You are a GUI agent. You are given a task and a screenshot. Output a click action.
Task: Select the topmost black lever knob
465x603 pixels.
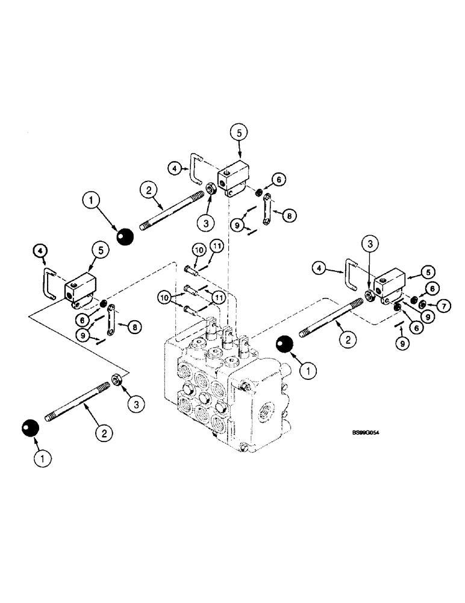pyautogui.click(x=125, y=237)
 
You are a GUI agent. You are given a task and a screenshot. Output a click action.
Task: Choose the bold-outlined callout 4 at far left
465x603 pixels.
pyautogui.click(x=39, y=249)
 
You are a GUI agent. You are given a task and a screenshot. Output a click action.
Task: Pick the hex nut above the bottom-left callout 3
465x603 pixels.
pyautogui.click(x=119, y=380)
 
